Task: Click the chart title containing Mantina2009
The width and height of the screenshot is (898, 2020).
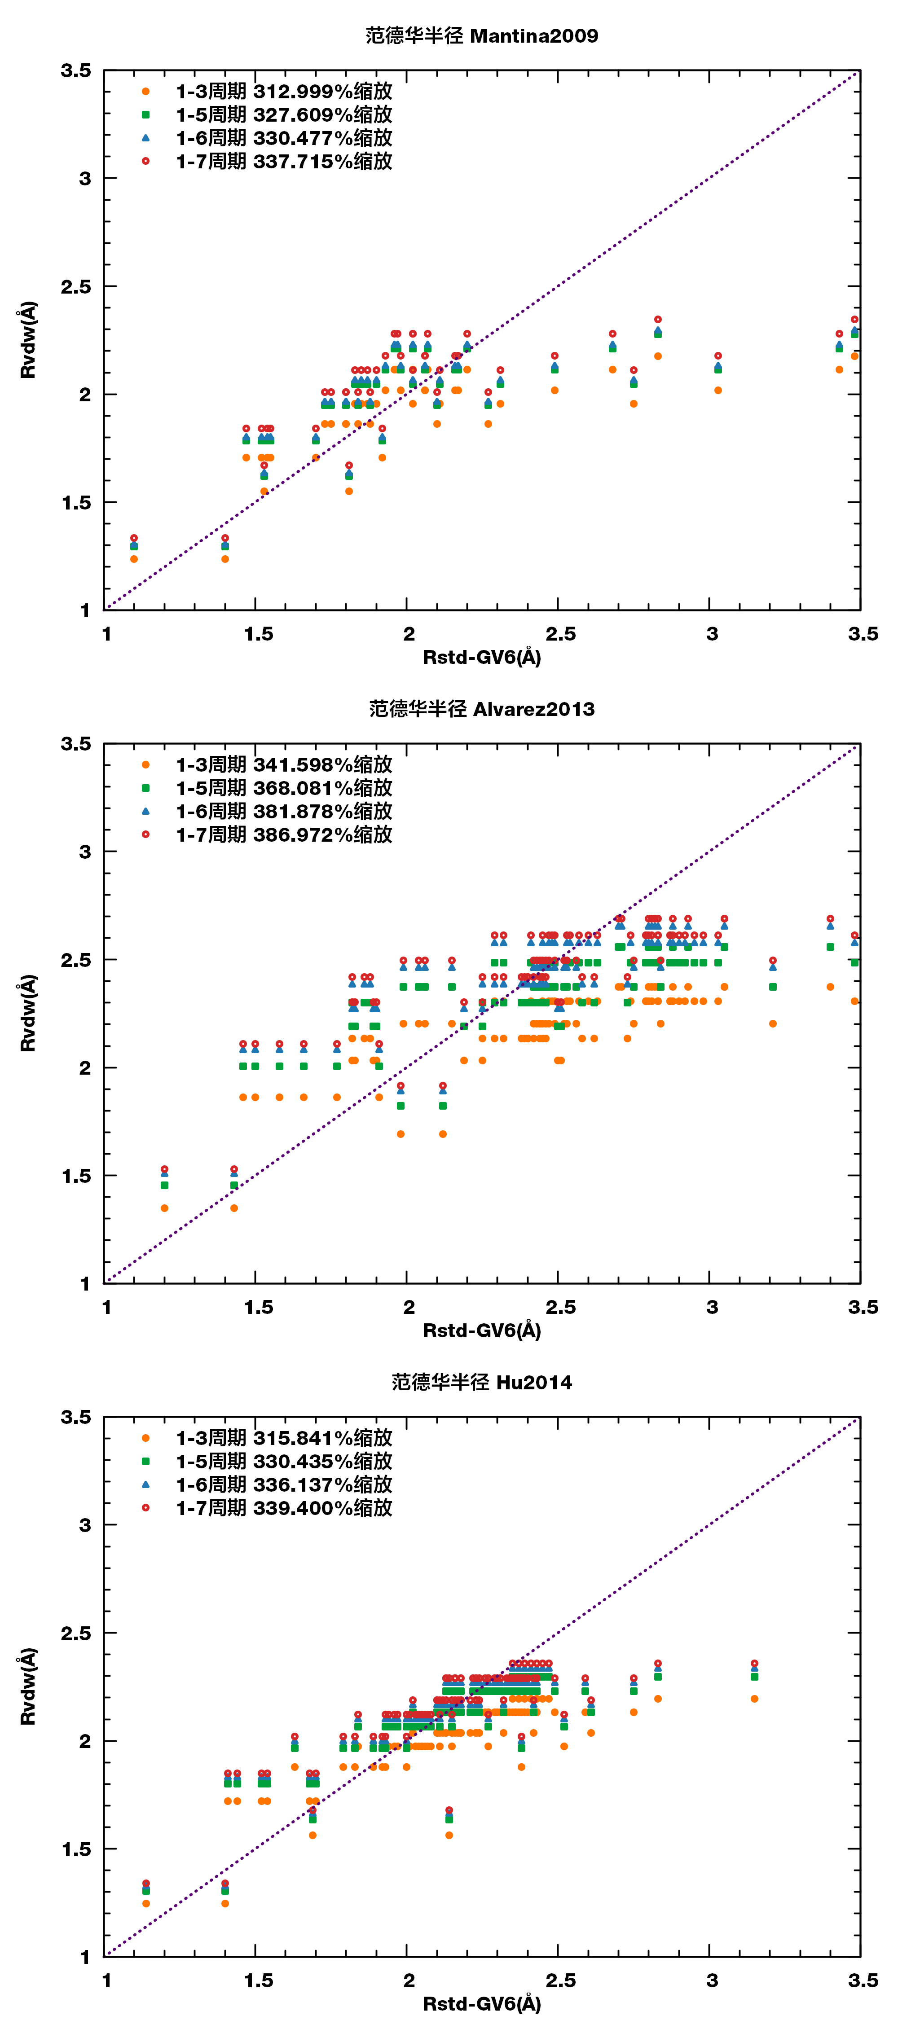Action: [481, 36]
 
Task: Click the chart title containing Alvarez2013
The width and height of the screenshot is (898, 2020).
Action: [481, 709]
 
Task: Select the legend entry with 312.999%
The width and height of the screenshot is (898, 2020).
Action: [284, 92]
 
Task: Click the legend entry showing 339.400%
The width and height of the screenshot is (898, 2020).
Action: [284, 1508]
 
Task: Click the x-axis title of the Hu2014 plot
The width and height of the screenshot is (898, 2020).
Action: [481, 2003]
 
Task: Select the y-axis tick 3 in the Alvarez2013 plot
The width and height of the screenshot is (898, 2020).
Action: [85, 852]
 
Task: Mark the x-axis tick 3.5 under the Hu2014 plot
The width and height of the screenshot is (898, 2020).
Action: [863, 1981]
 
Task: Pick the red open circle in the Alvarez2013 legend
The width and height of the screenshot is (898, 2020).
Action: [145, 834]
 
